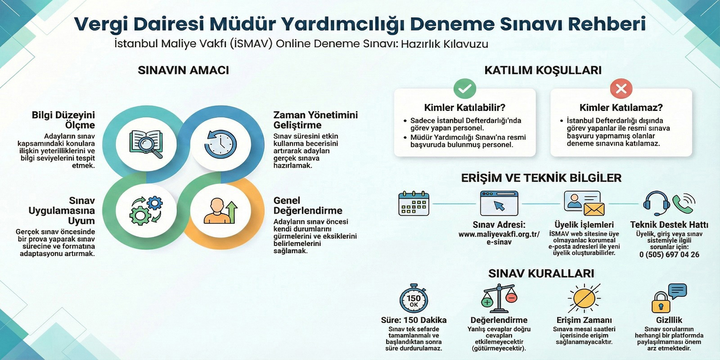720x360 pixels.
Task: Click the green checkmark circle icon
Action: [465, 88]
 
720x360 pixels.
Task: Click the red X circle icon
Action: [621, 88]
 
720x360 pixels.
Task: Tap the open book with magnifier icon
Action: [146, 144]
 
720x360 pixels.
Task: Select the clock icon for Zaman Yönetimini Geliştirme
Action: [220, 144]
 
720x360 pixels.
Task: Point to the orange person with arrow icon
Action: [220, 211]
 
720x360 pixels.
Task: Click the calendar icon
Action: [414, 203]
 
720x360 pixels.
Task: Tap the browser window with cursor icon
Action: [499, 203]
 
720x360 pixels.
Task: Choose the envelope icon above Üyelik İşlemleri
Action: [594, 209]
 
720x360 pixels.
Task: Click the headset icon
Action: [657, 203]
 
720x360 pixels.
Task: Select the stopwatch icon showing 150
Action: [414, 298]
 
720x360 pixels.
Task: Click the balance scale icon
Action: [499, 298]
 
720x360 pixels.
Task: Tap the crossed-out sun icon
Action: [584, 298]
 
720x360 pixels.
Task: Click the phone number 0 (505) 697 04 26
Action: [669, 255]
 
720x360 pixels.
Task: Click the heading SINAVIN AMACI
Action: [183, 70]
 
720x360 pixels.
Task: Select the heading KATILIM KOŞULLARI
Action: [543, 70]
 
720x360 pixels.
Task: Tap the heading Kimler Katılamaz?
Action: [621, 108]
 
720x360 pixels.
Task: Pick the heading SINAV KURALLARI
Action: [541, 273]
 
